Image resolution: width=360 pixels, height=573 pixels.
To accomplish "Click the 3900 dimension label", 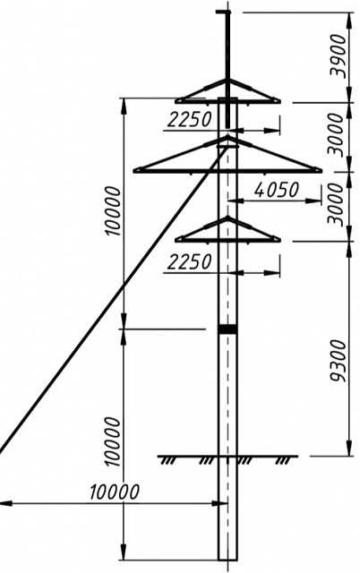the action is [x=337, y=56].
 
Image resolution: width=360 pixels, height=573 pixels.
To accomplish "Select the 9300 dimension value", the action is [x=337, y=361].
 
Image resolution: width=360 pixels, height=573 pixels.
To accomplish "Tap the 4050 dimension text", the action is [x=277, y=190].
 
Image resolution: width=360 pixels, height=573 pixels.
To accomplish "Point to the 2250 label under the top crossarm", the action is [x=189, y=119].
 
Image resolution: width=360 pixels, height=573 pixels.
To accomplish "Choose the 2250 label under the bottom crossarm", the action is [x=189, y=262].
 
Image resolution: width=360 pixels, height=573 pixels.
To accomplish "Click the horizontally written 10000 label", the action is [x=115, y=492].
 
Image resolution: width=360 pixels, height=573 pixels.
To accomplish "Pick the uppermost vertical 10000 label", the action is [x=113, y=211].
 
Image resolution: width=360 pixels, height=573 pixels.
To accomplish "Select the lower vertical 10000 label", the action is [x=113, y=442].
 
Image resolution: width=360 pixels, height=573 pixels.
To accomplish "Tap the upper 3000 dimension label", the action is [x=337, y=134].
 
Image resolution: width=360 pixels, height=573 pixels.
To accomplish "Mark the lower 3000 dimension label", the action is [x=337, y=204].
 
